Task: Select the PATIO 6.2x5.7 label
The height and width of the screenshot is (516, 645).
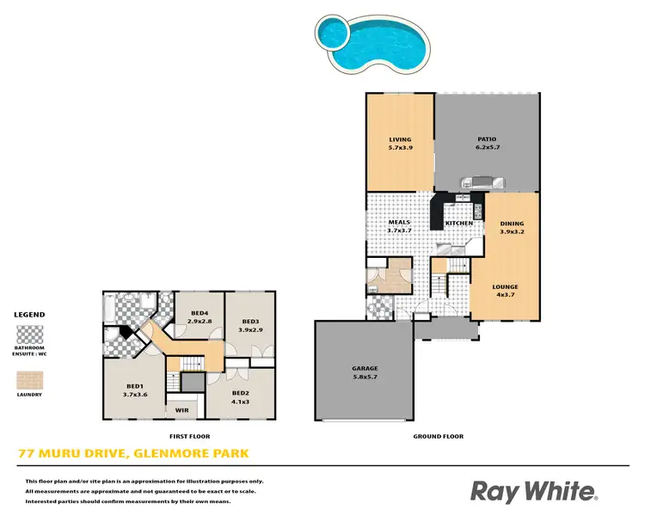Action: [488, 144]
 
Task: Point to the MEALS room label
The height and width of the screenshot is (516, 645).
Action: [399, 226]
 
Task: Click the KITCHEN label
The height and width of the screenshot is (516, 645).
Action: [458, 224]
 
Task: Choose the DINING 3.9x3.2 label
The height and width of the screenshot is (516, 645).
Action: [512, 228]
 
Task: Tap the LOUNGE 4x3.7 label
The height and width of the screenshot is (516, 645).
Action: [505, 291]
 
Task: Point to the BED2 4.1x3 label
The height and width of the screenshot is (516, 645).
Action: [240, 397]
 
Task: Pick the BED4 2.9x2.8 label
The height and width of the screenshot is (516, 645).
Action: [200, 316]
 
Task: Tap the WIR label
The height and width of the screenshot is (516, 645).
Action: [181, 409]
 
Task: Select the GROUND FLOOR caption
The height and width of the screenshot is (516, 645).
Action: [438, 437]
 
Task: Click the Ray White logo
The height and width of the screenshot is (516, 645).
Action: [533, 491]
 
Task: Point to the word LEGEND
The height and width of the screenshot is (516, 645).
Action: [30, 315]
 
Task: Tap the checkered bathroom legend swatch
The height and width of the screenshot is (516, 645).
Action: [30, 335]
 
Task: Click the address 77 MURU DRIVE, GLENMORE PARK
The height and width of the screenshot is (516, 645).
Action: [133, 453]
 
